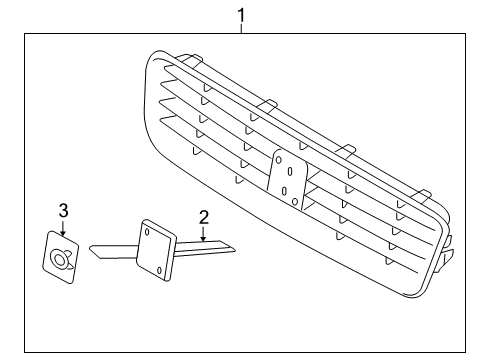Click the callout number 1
(x=241, y=15)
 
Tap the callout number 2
(x=204, y=217)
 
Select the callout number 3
(x=63, y=211)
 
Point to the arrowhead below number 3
(x=63, y=233)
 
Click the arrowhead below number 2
(x=203, y=238)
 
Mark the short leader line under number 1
(x=241, y=28)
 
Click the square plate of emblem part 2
(x=156, y=250)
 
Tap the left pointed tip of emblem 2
(x=89, y=248)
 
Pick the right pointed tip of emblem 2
(x=235, y=249)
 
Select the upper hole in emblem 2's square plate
(x=147, y=231)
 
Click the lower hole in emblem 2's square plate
(x=159, y=270)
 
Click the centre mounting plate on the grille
(x=287, y=180)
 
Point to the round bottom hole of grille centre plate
(x=295, y=201)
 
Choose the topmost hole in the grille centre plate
(x=279, y=160)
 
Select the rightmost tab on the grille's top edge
(x=421, y=195)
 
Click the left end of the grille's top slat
(x=165, y=68)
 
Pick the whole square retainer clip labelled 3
(x=61, y=258)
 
